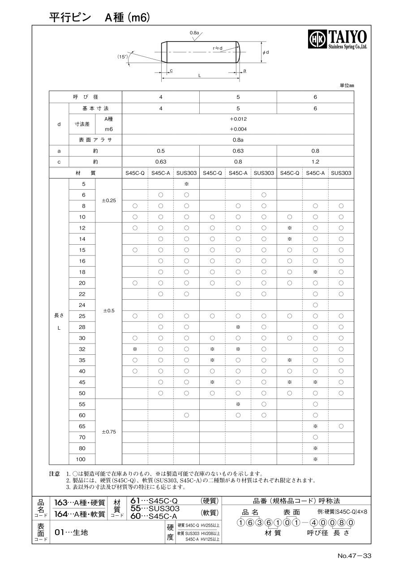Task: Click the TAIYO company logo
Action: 338,39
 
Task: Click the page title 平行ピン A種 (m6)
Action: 99,17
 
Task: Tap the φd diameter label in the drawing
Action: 266,53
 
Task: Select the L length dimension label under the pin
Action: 199,76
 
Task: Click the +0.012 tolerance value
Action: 238,119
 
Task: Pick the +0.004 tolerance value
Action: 238,129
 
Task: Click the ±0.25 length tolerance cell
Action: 109,200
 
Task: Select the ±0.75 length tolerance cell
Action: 109,432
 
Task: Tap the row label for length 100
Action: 82,459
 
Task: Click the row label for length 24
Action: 82,305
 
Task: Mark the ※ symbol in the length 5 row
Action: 186,184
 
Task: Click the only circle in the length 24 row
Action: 315,305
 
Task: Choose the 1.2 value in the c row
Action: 315,162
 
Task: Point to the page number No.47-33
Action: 355,556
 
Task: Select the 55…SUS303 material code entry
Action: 154,509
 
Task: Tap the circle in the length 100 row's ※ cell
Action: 315,459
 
